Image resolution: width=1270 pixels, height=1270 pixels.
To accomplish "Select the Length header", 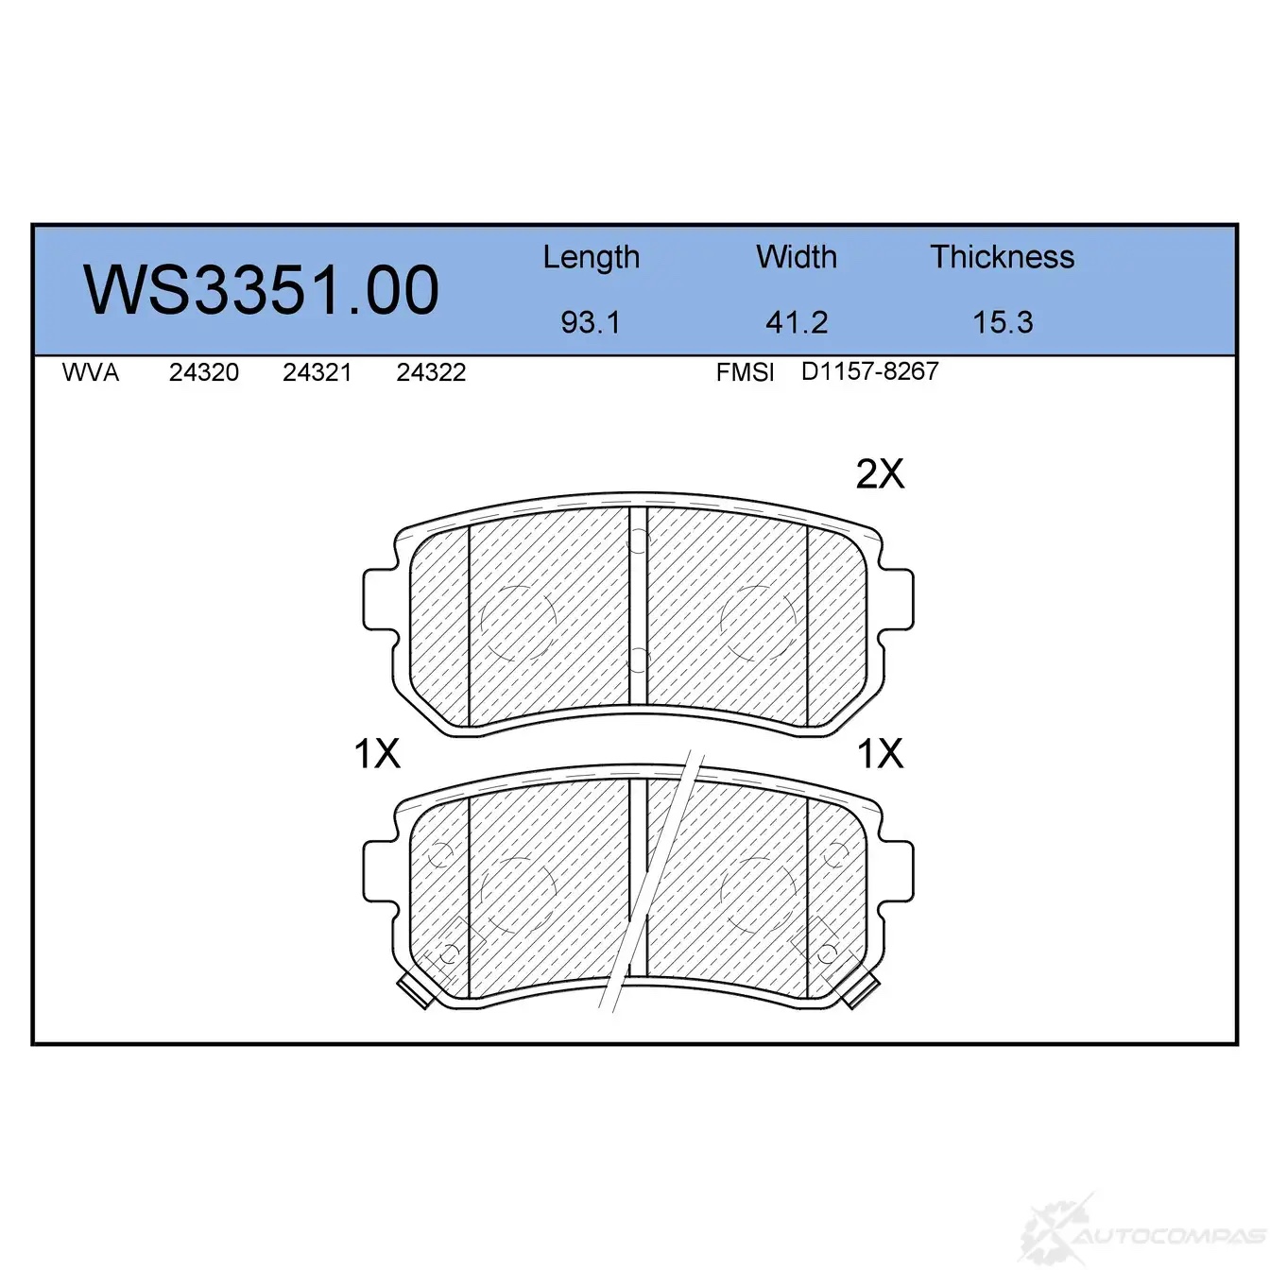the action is (x=592, y=258).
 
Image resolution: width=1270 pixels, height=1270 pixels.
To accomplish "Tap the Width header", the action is (x=797, y=256).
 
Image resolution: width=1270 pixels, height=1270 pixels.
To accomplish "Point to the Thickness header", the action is (x=1002, y=256).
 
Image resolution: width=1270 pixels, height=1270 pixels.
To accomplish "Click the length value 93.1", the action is (x=591, y=322).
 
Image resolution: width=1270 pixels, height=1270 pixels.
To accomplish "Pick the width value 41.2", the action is (x=797, y=322).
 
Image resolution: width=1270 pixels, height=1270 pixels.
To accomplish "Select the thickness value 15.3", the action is (x=1003, y=322).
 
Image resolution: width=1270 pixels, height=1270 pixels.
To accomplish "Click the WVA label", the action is (x=91, y=372).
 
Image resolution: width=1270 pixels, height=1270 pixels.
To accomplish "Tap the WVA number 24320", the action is (x=204, y=372).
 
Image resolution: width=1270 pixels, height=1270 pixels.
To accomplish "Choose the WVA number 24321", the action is (x=317, y=372).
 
